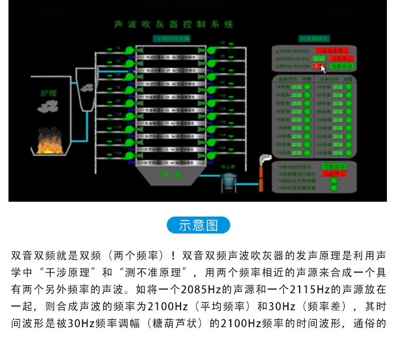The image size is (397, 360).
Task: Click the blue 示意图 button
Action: [x=198, y=225]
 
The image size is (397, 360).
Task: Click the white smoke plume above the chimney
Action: [x=264, y=159]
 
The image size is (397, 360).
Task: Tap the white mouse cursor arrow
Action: [x=323, y=68]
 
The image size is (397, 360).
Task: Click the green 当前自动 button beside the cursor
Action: [x=341, y=67]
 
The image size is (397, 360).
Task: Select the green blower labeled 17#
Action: [x=130, y=156]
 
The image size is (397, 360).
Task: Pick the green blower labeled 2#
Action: [x=211, y=50]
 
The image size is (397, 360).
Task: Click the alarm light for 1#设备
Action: [x=306, y=87]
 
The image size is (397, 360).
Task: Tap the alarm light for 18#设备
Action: [x=349, y=152]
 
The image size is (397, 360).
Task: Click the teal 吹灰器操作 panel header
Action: [x=314, y=38]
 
